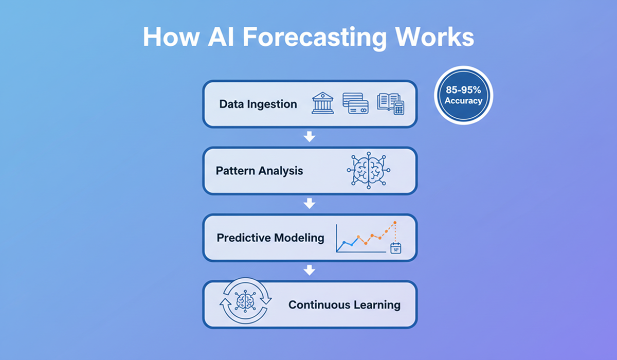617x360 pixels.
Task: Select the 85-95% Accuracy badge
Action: pos(464,96)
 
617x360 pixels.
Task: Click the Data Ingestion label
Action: pos(258,104)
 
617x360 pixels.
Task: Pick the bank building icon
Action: pos(322,103)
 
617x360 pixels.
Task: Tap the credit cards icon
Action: pos(355,103)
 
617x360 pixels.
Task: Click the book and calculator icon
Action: pos(390,103)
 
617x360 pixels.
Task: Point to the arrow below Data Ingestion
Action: pos(309,137)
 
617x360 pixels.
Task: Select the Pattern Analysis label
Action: pos(259,171)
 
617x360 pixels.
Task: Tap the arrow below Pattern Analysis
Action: pos(309,204)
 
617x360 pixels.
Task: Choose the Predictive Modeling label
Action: pos(270,238)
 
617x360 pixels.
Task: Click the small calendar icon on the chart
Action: pos(395,249)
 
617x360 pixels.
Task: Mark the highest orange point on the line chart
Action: pos(395,223)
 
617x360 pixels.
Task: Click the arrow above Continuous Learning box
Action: pos(309,270)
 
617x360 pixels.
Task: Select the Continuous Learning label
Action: pos(344,304)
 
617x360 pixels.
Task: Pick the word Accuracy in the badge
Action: pos(464,101)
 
